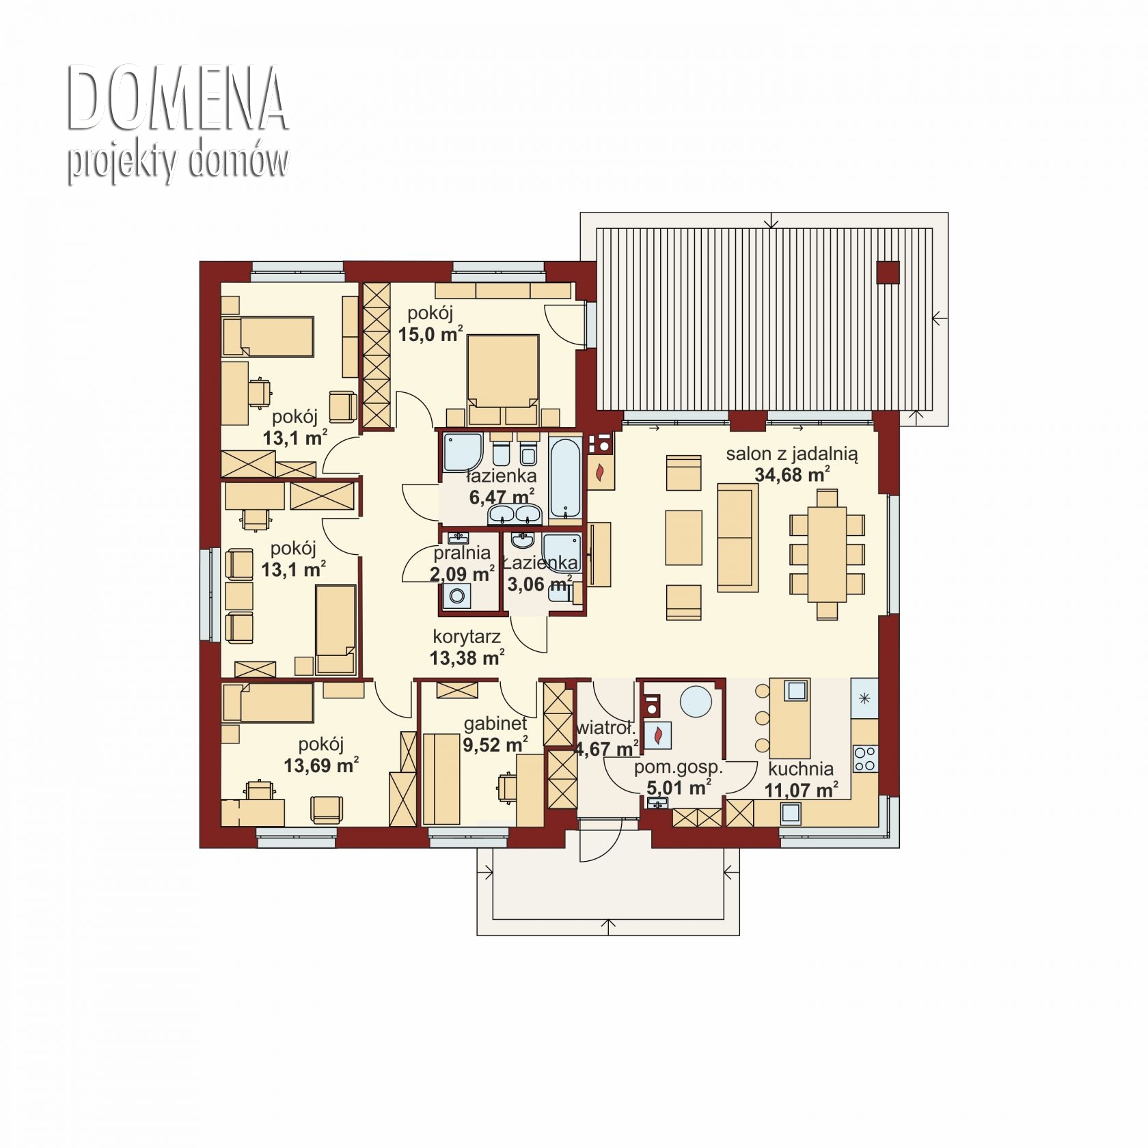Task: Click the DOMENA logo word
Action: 178,98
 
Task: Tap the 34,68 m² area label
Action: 792,474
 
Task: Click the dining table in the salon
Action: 827,554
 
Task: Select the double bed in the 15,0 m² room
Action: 502,379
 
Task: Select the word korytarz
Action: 467,636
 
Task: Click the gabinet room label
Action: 495,723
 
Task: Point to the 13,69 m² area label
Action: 321,765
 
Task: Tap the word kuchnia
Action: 800,769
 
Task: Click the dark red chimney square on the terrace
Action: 888,273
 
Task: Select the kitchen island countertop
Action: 790,714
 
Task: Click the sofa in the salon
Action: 737,537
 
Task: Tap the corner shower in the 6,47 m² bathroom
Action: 463,452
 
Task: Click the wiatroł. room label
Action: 605,728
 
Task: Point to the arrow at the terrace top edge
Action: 772,220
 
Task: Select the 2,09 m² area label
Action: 462,573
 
